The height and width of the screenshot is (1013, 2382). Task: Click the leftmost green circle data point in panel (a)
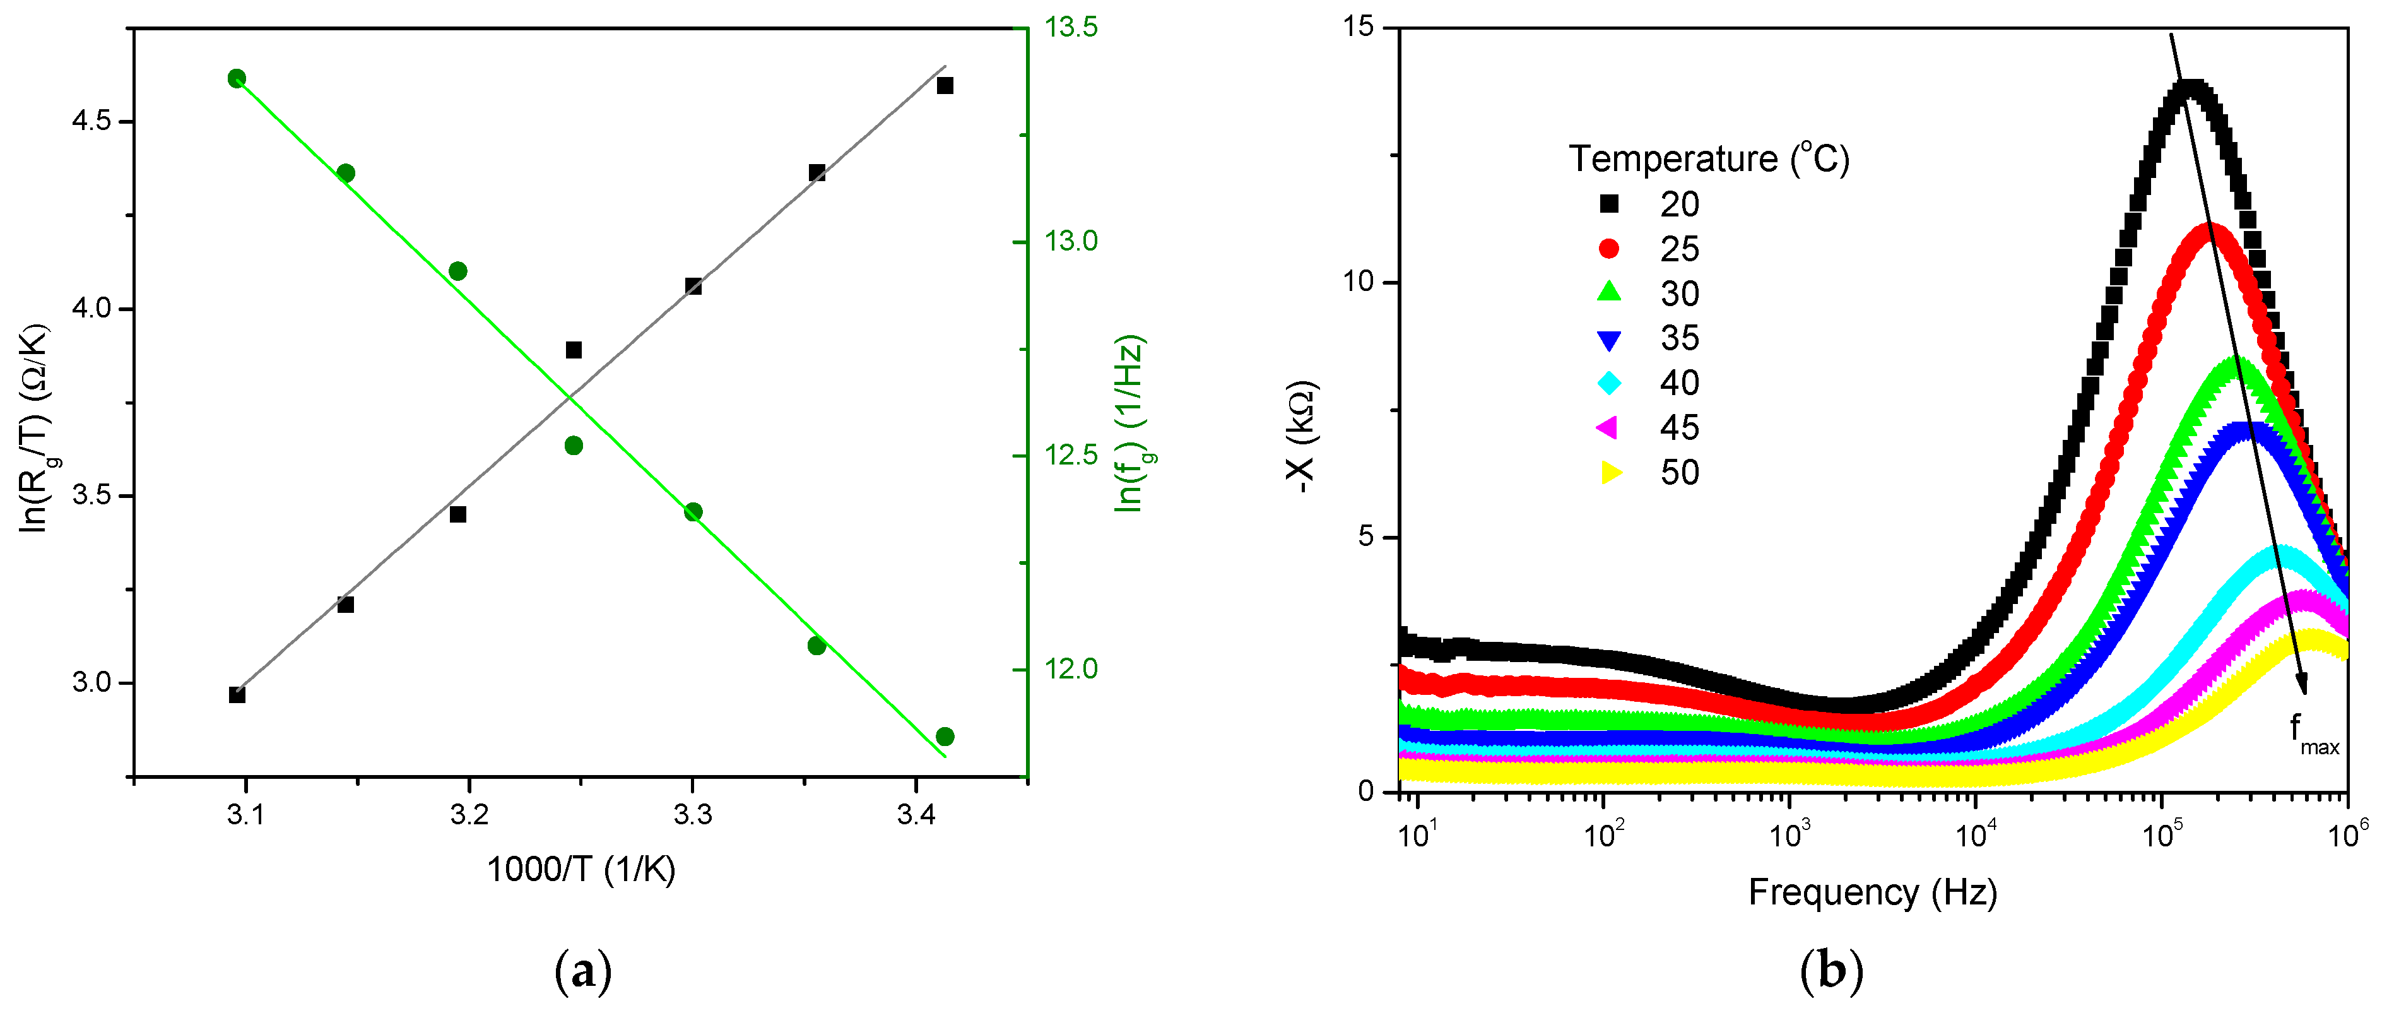point(237,79)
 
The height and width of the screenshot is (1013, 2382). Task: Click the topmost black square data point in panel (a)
point(944,86)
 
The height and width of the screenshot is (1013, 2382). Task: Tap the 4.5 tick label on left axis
point(91,121)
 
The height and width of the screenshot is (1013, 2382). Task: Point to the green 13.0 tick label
point(1071,242)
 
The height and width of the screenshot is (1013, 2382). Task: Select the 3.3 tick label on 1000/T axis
point(693,814)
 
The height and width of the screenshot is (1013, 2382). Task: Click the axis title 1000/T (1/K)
point(581,870)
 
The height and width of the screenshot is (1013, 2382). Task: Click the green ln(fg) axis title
point(1130,424)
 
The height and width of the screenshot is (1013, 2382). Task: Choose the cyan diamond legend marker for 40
point(1609,383)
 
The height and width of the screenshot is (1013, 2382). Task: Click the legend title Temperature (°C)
point(1709,159)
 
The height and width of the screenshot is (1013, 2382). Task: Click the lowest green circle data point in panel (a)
point(944,737)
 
